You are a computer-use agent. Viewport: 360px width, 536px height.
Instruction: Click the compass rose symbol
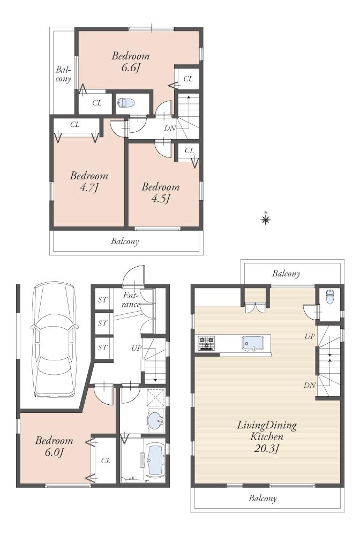tap(265, 218)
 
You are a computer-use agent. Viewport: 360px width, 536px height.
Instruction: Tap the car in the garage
tap(54, 340)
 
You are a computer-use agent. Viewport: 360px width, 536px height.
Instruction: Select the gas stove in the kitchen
tap(206, 343)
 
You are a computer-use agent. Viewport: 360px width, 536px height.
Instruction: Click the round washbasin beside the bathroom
tap(156, 421)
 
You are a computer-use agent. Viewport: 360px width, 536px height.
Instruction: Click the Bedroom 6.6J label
tap(130, 62)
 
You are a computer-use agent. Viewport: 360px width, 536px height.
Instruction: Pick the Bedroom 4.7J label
tap(89, 182)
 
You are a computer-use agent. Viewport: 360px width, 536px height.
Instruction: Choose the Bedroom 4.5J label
tap(160, 193)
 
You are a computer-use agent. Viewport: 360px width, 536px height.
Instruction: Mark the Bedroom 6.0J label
tap(54, 447)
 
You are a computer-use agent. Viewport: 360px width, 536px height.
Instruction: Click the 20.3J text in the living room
tap(267, 448)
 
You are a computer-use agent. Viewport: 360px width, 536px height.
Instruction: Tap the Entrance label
tap(131, 300)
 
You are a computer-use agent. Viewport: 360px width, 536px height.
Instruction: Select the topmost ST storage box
tap(102, 300)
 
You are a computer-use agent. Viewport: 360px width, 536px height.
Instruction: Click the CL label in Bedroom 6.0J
tap(106, 460)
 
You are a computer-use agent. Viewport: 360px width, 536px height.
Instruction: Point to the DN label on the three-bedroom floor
tap(169, 129)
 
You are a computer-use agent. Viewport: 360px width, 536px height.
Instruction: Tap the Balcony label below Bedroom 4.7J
tap(125, 241)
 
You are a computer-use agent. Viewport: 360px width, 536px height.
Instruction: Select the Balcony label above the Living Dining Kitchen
tap(286, 274)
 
